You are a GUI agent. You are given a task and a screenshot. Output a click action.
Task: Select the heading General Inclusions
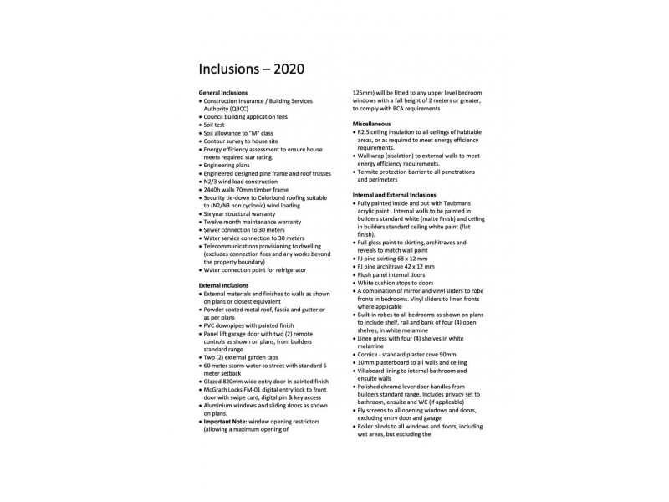223,92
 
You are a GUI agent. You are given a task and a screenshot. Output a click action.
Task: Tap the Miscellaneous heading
371,124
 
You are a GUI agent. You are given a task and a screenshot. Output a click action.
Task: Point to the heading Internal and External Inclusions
396,194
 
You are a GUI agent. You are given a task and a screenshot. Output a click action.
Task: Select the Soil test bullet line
219,125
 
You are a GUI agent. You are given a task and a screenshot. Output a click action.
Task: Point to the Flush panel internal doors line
391,274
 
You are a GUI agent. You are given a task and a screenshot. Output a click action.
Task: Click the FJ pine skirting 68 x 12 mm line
391,259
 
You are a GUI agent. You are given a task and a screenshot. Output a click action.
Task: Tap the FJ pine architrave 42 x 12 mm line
395,266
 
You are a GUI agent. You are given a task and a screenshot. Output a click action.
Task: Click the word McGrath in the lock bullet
217,388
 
